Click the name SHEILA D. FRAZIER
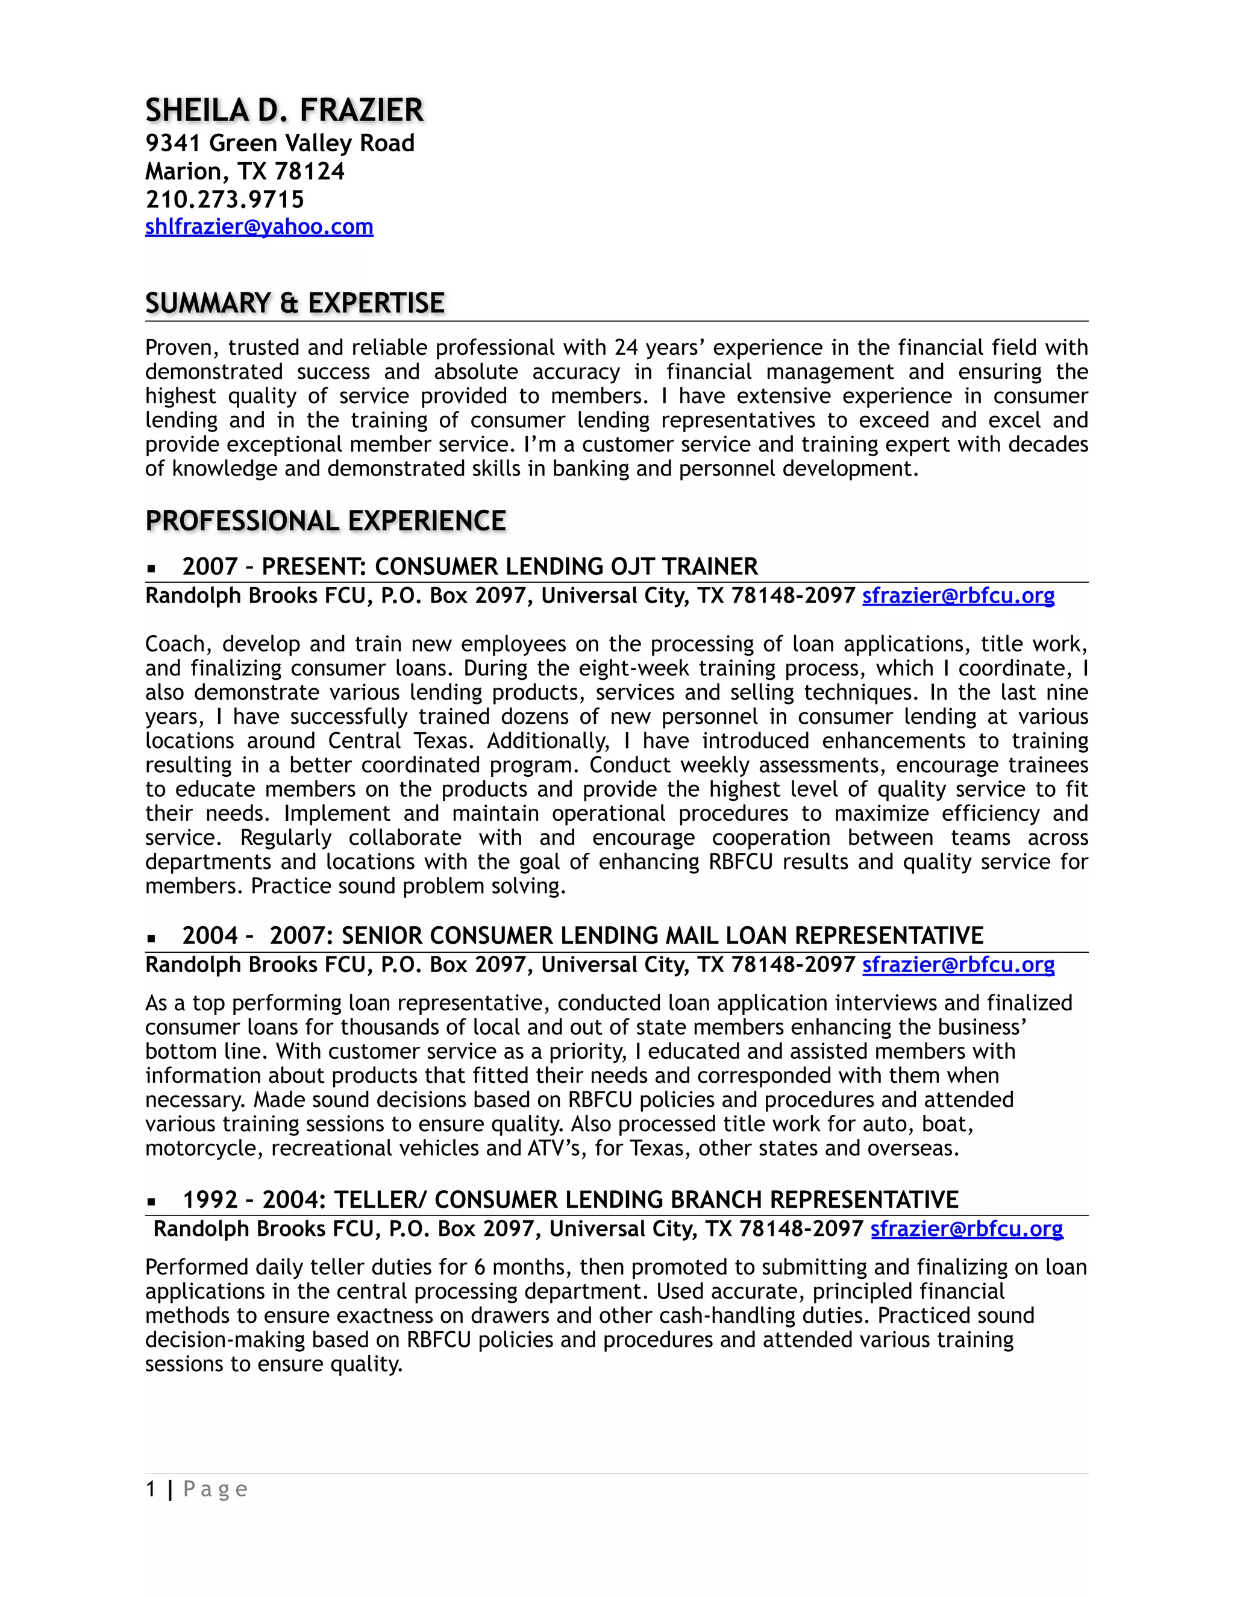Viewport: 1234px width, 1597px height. (284, 110)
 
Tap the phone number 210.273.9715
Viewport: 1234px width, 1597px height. (224, 199)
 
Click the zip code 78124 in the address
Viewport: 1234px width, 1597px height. (309, 171)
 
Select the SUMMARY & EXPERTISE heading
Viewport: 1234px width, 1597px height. (295, 303)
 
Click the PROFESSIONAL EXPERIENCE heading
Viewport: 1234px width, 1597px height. (325, 521)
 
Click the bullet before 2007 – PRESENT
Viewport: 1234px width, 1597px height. (151, 568)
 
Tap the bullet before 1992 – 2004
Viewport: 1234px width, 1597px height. (151, 1202)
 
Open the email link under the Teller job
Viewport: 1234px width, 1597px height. (966, 1229)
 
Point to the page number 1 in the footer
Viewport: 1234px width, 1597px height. (151, 1490)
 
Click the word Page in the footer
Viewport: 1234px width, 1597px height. (215, 1490)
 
